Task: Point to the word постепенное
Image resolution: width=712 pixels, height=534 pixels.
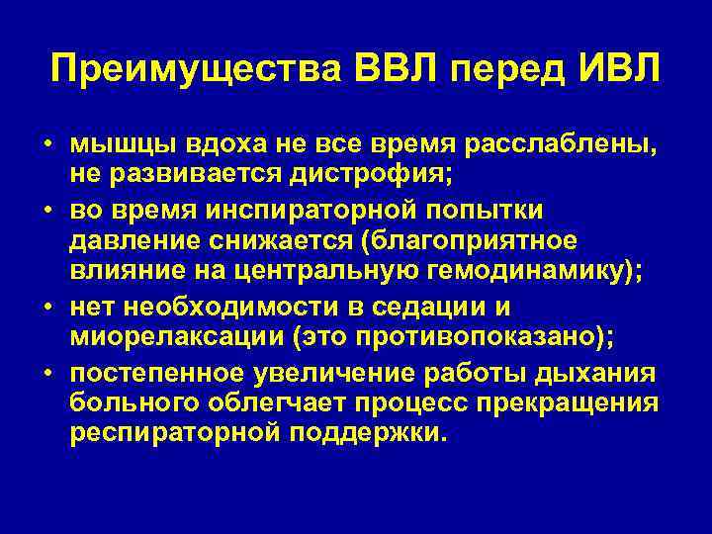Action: click(x=162, y=374)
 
